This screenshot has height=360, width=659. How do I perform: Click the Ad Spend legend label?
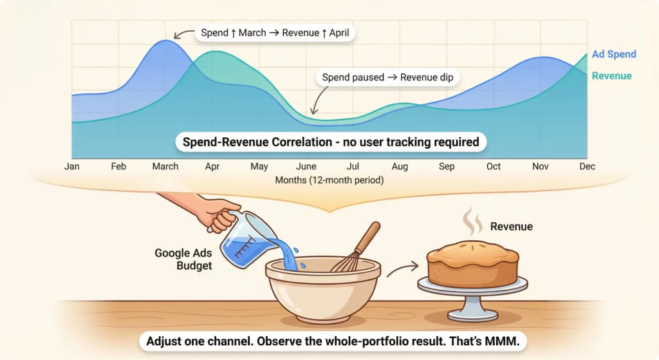click(614, 54)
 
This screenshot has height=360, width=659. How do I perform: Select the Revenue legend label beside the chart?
click(611, 76)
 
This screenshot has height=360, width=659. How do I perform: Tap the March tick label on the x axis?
click(165, 166)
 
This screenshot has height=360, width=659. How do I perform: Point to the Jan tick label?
click(72, 166)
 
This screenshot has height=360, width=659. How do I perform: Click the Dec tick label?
click(587, 166)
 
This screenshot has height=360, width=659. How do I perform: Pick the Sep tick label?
click(447, 166)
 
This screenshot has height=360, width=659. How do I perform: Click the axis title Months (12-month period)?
click(329, 180)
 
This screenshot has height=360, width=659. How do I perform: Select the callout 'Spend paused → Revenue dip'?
click(386, 78)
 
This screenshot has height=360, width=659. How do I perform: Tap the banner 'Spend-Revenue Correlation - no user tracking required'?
click(329, 142)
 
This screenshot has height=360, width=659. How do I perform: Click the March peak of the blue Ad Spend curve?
click(166, 41)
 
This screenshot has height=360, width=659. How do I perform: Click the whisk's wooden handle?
click(367, 238)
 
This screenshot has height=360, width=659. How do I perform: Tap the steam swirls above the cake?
click(472, 221)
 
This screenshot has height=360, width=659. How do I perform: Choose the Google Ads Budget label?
click(183, 260)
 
